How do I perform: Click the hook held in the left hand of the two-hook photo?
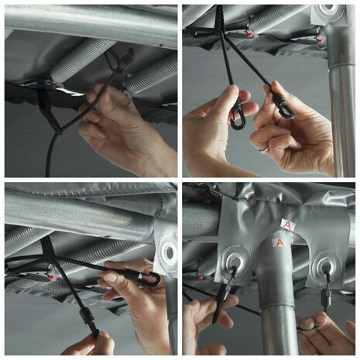[x=238, y=121]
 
